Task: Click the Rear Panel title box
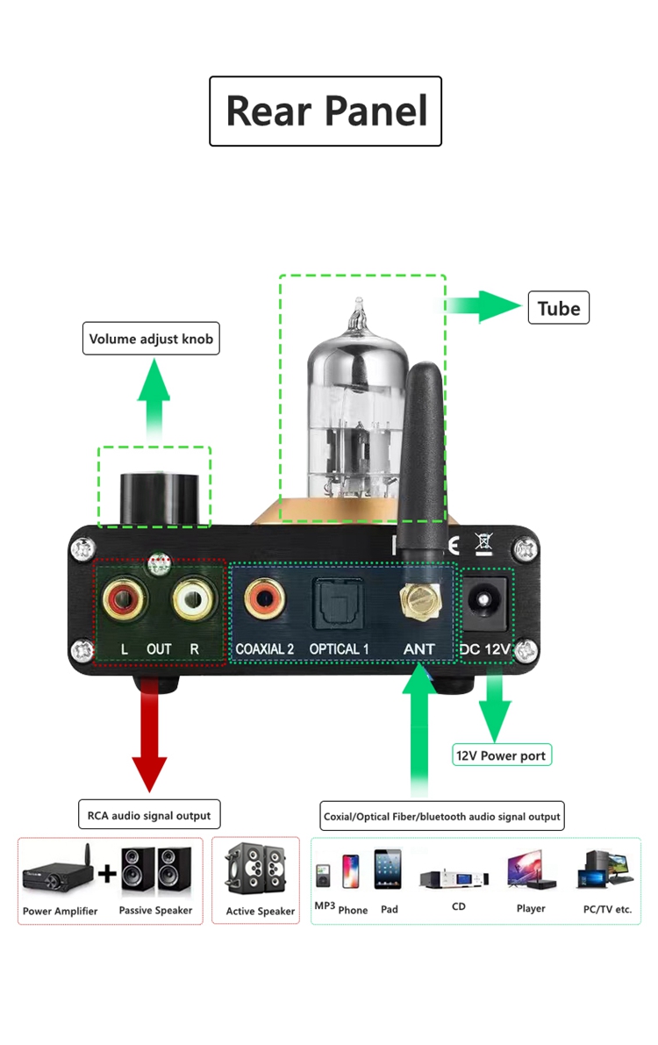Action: coord(325,111)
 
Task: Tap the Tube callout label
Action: coord(559,308)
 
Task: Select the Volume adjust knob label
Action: coord(151,339)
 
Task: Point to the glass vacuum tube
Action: coord(357,412)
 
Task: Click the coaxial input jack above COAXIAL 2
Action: coord(263,601)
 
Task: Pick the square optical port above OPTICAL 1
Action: coord(337,603)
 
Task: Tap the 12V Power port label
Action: coord(501,755)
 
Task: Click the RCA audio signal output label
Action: coord(148,815)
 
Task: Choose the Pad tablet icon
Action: coord(388,870)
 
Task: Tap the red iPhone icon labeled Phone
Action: coord(351,873)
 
